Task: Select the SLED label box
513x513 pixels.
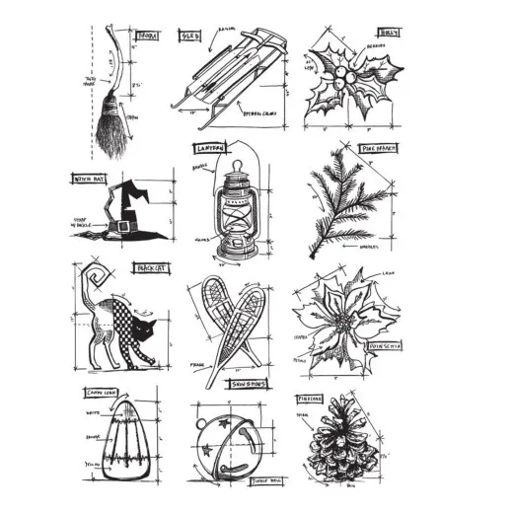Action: [x=189, y=36]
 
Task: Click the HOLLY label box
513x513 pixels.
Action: [x=392, y=31]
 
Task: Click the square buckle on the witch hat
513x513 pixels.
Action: [x=123, y=227]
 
